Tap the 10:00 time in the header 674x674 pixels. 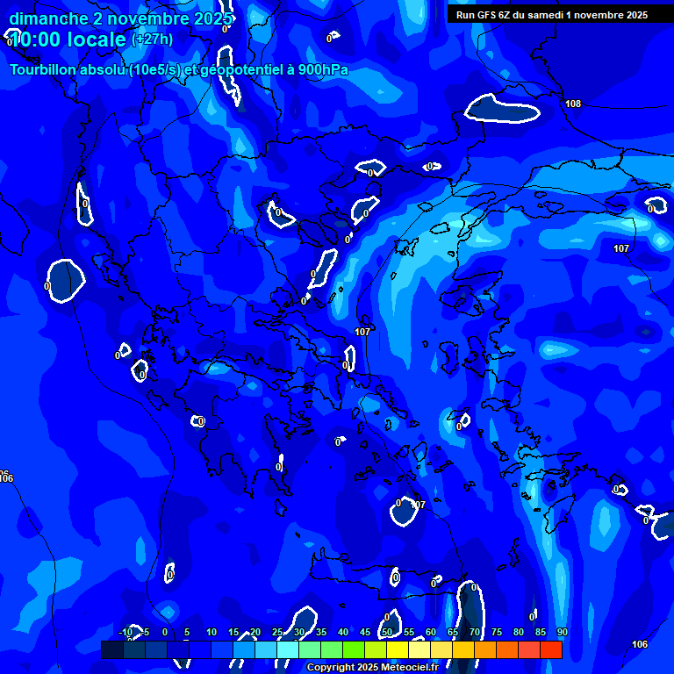pyautogui.click(x=35, y=39)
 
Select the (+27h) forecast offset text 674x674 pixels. pyautogui.click(x=152, y=39)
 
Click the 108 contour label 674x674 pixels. pyautogui.click(x=573, y=104)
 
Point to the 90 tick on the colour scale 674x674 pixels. pyautogui.click(x=562, y=633)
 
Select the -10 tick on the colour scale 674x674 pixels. pyautogui.click(x=125, y=633)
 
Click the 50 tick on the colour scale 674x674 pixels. pyautogui.click(x=386, y=633)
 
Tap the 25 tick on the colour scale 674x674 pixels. pyautogui.click(x=276, y=633)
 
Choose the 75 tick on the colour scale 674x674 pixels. pyautogui.click(x=496, y=633)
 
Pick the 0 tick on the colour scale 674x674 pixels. pyautogui.click(x=165, y=633)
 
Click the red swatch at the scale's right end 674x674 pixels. pyautogui.click(x=550, y=649)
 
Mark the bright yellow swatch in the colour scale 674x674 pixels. pyautogui.click(x=398, y=649)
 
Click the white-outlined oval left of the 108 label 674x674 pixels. pyautogui.click(x=502, y=109)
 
